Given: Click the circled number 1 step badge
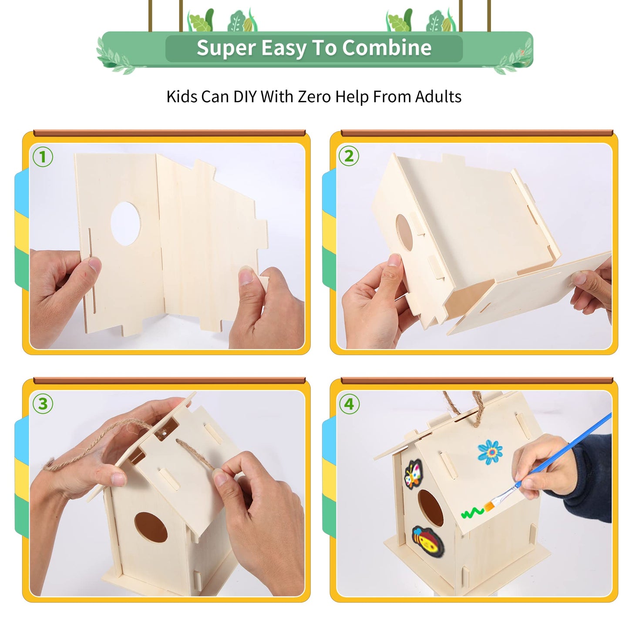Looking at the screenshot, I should (43, 157).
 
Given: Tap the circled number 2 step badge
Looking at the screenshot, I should (349, 156).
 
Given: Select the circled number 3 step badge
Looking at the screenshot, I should (43, 404).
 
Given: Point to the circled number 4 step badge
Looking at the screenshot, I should (349, 404).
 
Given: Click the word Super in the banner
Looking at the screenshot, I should (225, 48).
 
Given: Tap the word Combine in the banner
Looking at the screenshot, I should (387, 48).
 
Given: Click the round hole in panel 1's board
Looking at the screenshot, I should (126, 223).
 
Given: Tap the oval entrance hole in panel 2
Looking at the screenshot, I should (404, 232).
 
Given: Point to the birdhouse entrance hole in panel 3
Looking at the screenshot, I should (151, 527).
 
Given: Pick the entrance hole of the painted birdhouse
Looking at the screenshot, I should (431, 508).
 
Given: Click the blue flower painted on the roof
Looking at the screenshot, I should (490, 451).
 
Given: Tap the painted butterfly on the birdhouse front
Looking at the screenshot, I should (413, 474).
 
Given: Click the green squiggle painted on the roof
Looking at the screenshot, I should (472, 513).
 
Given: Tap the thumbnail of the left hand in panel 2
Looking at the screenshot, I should (394, 260).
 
